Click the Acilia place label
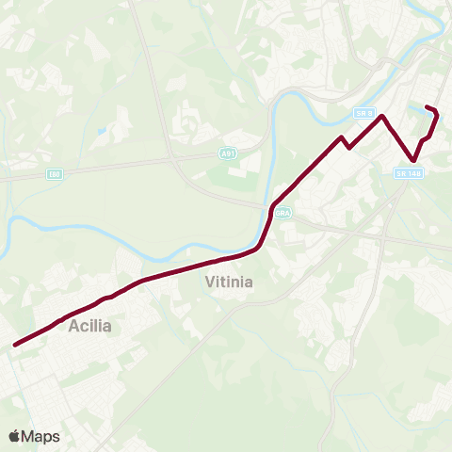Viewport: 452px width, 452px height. pos(90,327)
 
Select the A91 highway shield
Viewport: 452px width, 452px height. pos(228,153)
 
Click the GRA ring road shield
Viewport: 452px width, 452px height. pos(283,215)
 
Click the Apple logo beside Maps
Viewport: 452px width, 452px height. pos(15,436)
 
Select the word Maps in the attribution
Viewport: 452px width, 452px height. pos(41,436)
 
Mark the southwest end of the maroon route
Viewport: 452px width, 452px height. pos(15,345)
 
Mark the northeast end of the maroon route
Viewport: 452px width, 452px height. pos(428,106)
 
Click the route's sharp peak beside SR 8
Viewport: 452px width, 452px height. pos(382,117)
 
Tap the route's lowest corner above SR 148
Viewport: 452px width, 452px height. pos(413,160)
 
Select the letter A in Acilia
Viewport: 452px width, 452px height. pos(74,327)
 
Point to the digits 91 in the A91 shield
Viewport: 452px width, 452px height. pos(230,153)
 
